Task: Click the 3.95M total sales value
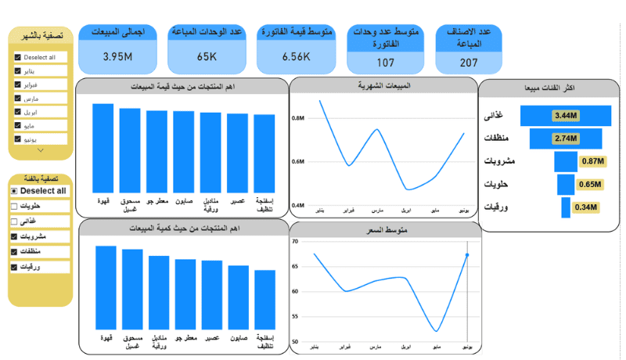click(118, 57)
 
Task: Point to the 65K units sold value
click(207, 57)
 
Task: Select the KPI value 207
click(469, 63)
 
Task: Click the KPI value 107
click(385, 63)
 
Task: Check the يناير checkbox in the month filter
click(18, 71)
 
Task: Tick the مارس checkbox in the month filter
click(18, 99)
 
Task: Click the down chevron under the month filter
click(41, 149)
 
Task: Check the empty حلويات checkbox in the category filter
click(14, 206)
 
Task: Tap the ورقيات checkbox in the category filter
click(14, 267)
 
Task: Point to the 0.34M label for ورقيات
click(584, 207)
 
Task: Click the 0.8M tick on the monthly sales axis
click(298, 117)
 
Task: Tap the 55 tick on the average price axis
click(295, 316)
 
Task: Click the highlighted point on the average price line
click(467, 255)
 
